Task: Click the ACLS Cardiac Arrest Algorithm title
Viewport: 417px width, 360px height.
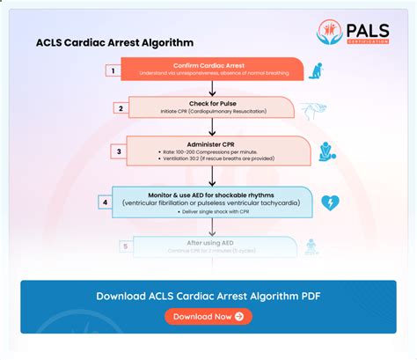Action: tap(114, 42)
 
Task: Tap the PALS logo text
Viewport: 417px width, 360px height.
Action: tap(368, 29)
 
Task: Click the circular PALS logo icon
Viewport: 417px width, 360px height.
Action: tap(331, 33)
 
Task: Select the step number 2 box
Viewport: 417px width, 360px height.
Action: tap(121, 108)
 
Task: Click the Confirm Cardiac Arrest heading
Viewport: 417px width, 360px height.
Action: tap(210, 63)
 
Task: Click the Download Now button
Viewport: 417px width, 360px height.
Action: tap(208, 316)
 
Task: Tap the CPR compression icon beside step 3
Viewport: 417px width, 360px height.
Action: tap(327, 151)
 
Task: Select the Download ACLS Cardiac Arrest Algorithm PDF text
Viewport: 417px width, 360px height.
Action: tap(208, 296)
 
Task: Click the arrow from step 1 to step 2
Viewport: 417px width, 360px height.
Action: tap(211, 88)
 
